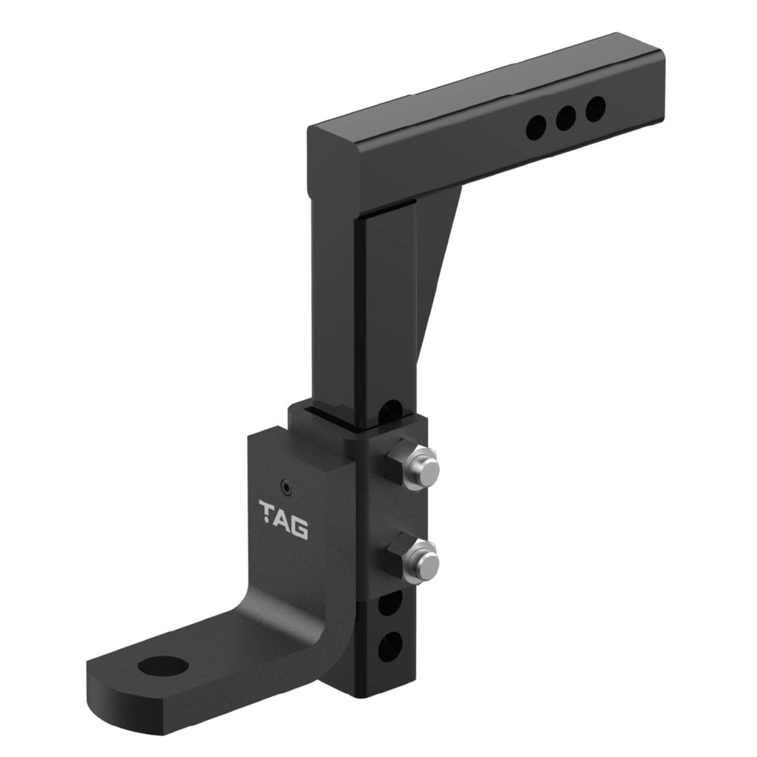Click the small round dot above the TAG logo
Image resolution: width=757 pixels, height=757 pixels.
point(285,486)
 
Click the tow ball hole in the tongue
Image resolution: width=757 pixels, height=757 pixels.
point(162,666)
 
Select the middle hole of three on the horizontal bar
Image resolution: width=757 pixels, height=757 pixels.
point(566,118)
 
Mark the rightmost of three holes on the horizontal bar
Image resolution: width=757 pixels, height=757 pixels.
point(595,109)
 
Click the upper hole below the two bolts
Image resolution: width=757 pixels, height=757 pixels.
point(389,603)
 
